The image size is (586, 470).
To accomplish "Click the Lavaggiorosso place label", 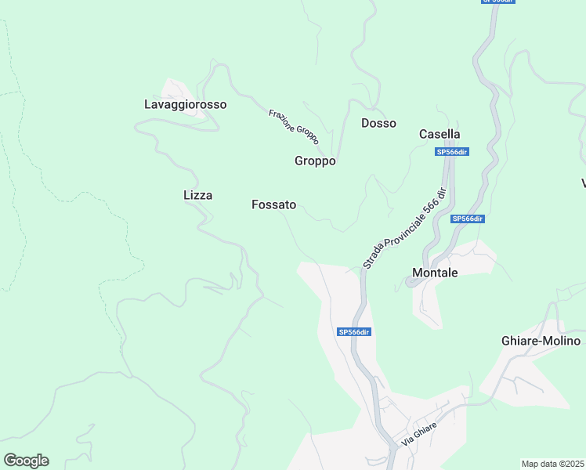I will pyautogui.click(x=186, y=104).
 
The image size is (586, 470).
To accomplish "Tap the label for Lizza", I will pyautogui.click(x=197, y=195).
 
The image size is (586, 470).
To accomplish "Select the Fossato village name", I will pyautogui.click(x=274, y=204).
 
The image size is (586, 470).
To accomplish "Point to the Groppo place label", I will pyautogui.click(x=315, y=161).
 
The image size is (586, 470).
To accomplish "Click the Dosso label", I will pyautogui.click(x=378, y=123).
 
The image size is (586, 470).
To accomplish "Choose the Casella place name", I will pyautogui.click(x=439, y=134).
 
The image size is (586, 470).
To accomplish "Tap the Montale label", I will pyautogui.click(x=435, y=273).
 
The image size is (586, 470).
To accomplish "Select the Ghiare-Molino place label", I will pyautogui.click(x=541, y=341).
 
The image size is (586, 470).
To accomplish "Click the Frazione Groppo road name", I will pyautogui.click(x=293, y=126).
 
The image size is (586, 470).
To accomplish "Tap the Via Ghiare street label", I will pyautogui.click(x=418, y=433).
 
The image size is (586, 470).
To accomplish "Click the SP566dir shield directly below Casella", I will pyautogui.click(x=452, y=152).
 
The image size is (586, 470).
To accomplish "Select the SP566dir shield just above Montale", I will pyautogui.click(x=468, y=219).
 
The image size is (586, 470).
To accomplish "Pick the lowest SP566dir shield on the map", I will pyautogui.click(x=354, y=332).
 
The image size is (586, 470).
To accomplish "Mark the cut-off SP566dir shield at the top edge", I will pyautogui.click(x=497, y=2).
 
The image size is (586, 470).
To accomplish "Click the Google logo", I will pyautogui.click(x=26, y=461).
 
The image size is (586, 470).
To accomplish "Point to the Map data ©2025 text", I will pyautogui.click(x=552, y=464).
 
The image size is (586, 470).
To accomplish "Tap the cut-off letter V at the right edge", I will pyautogui.click(x=583, y=183).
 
